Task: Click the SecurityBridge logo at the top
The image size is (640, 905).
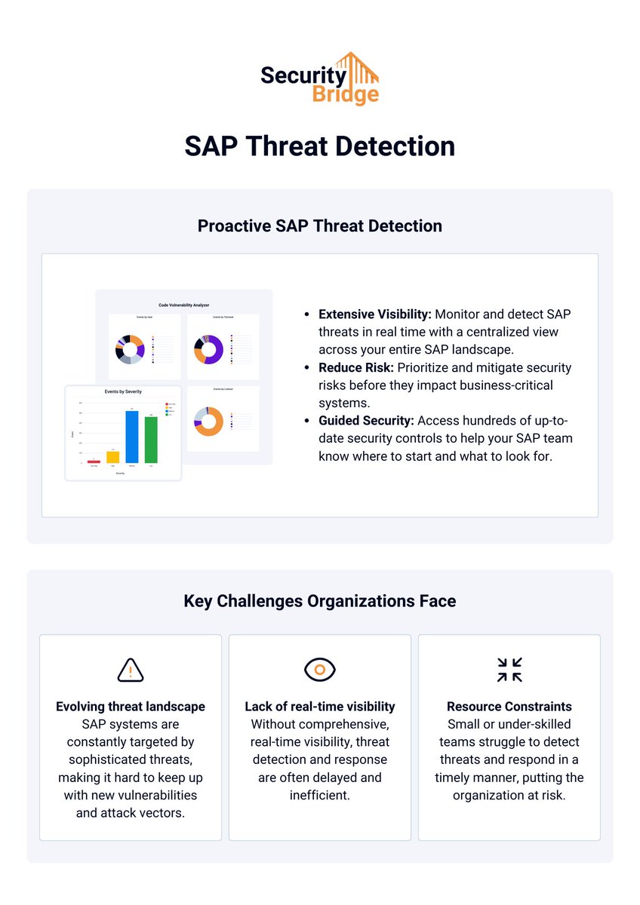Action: pyautogui.click(x=319, y=78)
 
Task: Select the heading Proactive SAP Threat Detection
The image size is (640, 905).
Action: pyautogui.click(x=319, y=225)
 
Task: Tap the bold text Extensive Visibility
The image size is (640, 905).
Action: pyautogui.click(x=374, y=314)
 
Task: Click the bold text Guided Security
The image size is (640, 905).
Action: pyautogui.click(x=366, y=420)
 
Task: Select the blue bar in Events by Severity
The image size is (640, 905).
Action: pyautogui.click(x=131, y=437)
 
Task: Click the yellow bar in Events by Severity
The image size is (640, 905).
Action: pyautogui.click(x=112, y=457)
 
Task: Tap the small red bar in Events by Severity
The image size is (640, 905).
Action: pyautogui.click(x=94, y=461)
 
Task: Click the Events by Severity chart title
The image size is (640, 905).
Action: pyautogui.click(x=122, y=392)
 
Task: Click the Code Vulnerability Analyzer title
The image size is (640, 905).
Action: pyautogui.click(x=183, y=305)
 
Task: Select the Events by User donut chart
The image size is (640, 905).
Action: pyautogui.click(x=130, y=350)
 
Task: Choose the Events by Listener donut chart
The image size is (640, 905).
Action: pyautogui.click(x=208, y=421)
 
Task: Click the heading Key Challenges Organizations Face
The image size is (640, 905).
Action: pyautogui.click(x=319, y=601)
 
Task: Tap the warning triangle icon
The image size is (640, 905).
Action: pyautogui.click(x=131, y=670)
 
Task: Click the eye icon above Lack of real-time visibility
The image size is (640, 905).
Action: pyautogui.click(x=320, y=670)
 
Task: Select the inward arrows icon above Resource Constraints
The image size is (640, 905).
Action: pyautogui.click(x=509, y=670)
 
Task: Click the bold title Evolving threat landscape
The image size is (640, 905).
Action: pyautogui.click(x=131, y=707)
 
